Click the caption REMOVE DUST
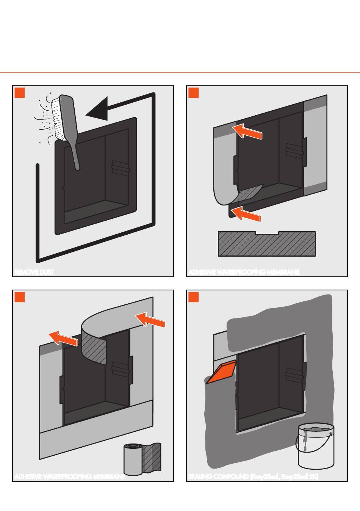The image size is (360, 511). (x=34, y=272)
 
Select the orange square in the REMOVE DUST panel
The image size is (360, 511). (x=20, y=92)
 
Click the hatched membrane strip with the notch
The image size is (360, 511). (x=267, y=244)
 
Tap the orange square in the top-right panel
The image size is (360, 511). (x=194, y=92)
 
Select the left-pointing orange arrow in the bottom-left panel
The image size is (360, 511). (x=63, y=338)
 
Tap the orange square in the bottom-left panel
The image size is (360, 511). (x=20, y=297)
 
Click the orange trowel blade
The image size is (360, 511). (x=222, y=372)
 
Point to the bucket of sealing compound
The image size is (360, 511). (x=316, y=446)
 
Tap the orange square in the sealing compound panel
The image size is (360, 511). (x=194, y=297)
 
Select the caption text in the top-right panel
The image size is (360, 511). (x=244, y=272)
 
